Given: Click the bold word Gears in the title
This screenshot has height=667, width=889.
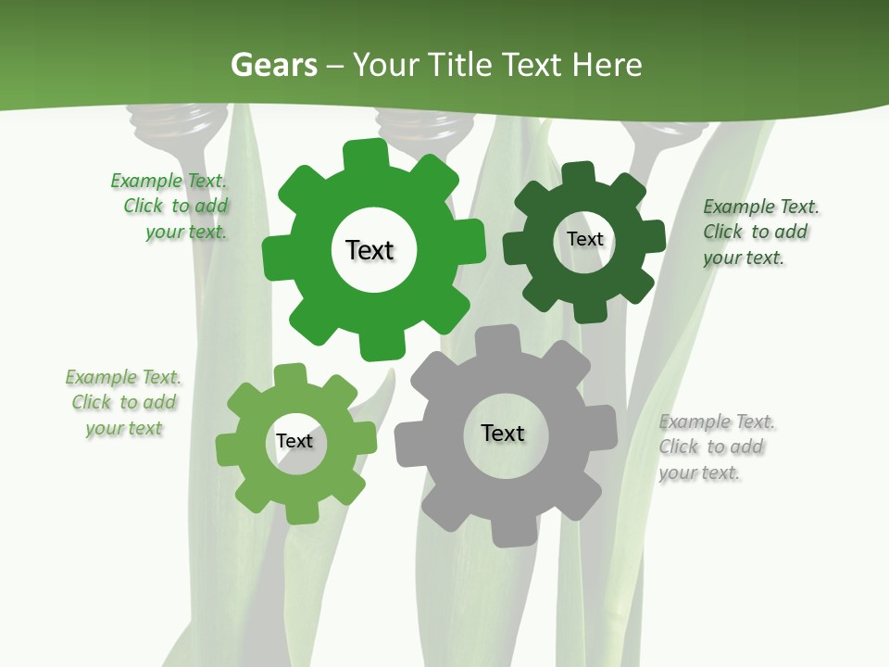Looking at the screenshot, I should (273, 65).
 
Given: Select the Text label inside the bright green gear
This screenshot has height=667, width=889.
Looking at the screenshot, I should (369, 250).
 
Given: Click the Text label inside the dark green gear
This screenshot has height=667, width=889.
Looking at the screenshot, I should (584, 239).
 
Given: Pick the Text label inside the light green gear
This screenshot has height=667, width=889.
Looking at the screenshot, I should (294, 441).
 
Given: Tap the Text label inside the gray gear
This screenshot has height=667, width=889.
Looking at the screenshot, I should (503, 433).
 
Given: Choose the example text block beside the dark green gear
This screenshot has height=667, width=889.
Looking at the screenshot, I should (759, 232).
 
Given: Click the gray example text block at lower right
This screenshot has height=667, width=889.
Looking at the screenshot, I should (716, 447).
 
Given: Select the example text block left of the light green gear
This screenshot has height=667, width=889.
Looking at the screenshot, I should (123, 403).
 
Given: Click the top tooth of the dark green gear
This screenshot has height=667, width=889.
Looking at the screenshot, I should (578, 175).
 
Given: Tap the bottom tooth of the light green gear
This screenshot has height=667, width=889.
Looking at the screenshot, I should (302, 510).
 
